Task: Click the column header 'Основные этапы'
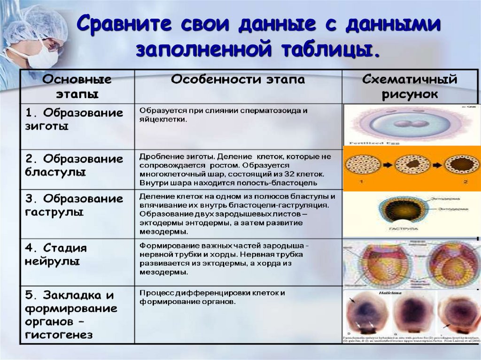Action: pyautogui.click(x=77, y=86)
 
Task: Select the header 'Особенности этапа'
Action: pyautogui.click(x=238, y=80)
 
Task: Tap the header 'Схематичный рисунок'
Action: pyautogui.click(x=410, y=86)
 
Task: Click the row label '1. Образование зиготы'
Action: pyautogui.click(x=74, y=120)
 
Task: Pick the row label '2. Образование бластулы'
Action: pyautogui.click(x=74, y=165)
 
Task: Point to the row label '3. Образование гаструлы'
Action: pyautogui.click(x=74, y=205)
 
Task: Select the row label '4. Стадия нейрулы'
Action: pyautogui.click(x=56, y=254)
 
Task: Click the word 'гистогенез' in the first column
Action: pyautogui.click(x=59, y=335)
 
